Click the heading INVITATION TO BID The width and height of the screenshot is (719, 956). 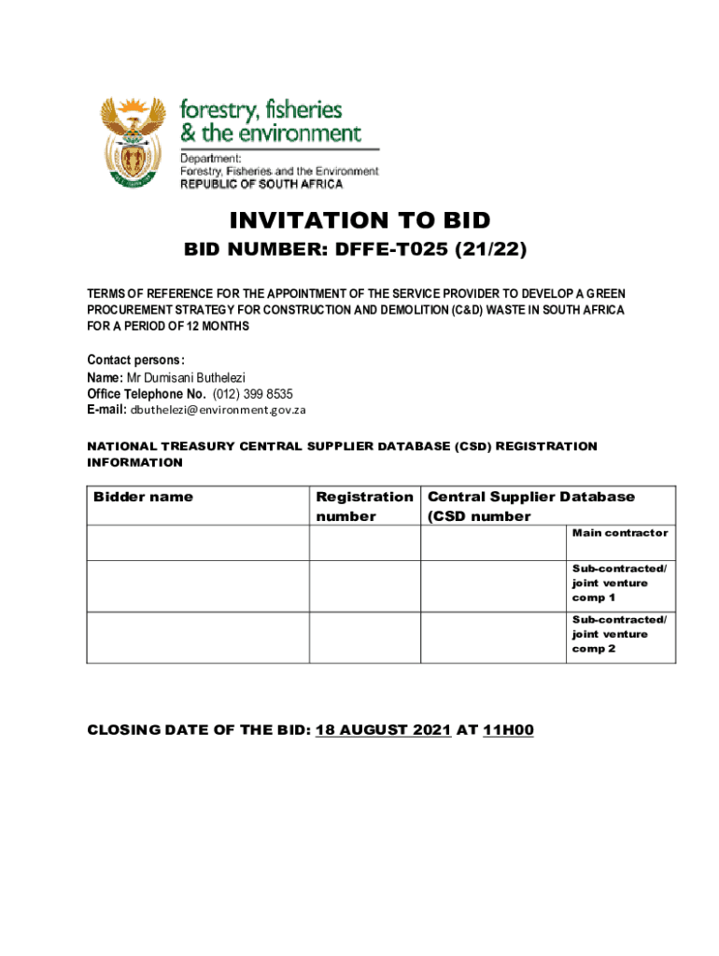(x=359, y=220)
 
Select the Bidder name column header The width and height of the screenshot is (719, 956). (x=143, y=497)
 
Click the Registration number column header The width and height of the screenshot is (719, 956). (x=364, y=506)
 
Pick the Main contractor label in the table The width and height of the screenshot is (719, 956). (x=620, y=532)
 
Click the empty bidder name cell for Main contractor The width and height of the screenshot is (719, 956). (x=198, y=541)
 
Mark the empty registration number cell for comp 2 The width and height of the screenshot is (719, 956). (x=364, y=637)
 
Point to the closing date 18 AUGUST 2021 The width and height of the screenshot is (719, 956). (x=384, y=730)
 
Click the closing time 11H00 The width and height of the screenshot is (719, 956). (x=508, y=730)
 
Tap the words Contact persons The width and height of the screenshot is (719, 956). (x=135, y=360)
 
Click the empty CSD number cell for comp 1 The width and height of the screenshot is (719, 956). (x=493, y=585)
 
